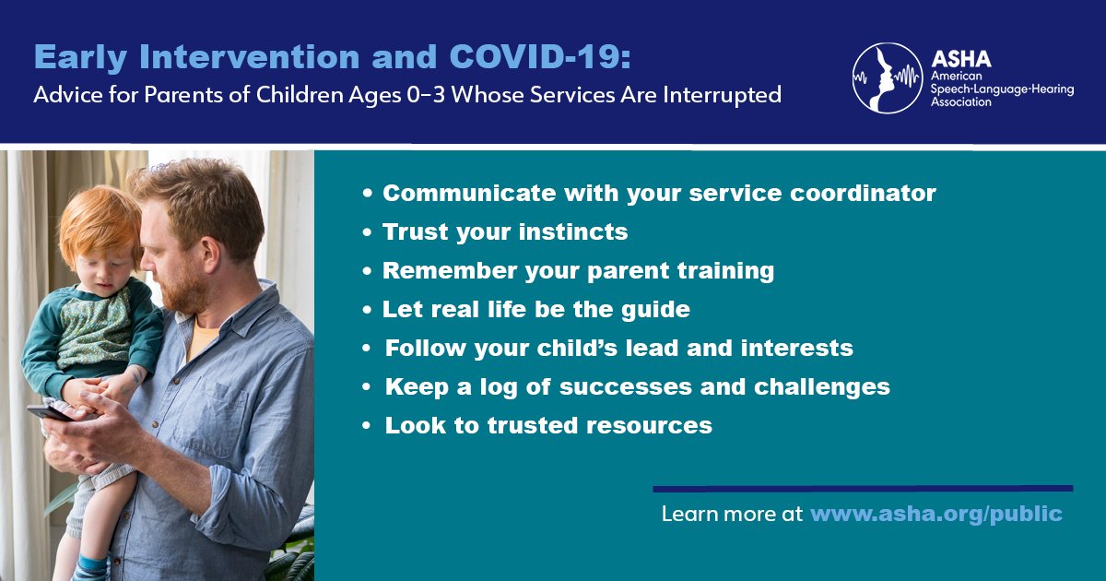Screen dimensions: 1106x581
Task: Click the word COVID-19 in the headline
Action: [540, 57]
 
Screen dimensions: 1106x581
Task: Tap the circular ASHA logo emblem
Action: [888, 78]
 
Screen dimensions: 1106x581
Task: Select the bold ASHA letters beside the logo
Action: [960, 59]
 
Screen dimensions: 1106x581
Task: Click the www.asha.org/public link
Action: [936, 515]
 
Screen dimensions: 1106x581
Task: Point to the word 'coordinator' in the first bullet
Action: [863, 193]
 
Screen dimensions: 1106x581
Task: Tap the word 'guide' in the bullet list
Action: [655, 310]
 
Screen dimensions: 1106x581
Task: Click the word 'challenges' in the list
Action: [821, 386]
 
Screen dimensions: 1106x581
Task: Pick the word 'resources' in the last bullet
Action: [649, 425]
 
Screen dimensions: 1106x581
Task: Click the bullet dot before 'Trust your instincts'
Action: [367, 231]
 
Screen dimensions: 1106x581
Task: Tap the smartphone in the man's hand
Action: [50, 413]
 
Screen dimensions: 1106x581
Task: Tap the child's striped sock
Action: [90, 568]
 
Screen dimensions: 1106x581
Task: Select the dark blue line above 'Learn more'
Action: [863, 489]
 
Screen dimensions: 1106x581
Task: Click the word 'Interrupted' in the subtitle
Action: [723, 95]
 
